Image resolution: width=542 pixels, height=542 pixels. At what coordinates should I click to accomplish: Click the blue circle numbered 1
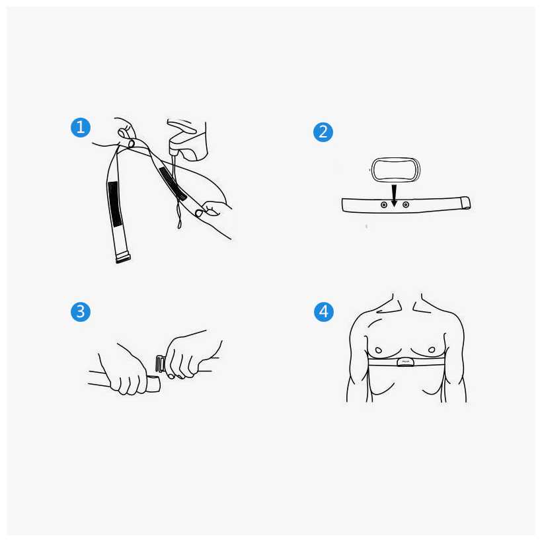pos(81,128)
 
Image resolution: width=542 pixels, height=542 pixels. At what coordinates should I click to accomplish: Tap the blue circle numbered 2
pos(323,132)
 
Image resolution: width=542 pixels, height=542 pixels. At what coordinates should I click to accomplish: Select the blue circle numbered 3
pos(81,312)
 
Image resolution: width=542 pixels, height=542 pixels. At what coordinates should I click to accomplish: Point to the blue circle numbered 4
pos(323,312)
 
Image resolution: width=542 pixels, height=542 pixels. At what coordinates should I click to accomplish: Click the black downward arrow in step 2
pos(394,196)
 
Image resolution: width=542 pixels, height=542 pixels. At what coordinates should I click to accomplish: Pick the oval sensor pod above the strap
pos(395,170)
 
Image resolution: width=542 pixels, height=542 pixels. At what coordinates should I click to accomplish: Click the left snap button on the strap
pos(383,205)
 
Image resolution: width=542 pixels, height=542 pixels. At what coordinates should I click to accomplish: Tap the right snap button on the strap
pos(406,205)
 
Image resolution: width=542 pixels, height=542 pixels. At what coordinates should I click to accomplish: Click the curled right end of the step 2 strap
pos(465,203)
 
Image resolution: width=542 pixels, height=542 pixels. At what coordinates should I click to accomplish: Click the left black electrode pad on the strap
pos(115,204)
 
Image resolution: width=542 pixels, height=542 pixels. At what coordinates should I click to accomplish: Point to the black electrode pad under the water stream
pos(173,184)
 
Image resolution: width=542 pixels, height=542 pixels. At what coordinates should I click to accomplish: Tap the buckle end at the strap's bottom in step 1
pos(123,258)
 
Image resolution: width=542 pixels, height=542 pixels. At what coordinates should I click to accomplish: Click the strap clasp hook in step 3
pos(161,364)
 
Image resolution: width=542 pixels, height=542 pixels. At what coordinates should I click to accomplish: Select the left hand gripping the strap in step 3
pos(124,370)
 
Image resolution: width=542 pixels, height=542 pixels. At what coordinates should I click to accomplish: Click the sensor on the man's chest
pos(405,362)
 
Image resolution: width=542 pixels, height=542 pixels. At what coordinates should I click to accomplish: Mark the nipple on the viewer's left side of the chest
pos(379,350)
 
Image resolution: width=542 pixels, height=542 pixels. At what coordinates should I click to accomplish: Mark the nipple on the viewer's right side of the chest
pos(432,350)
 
